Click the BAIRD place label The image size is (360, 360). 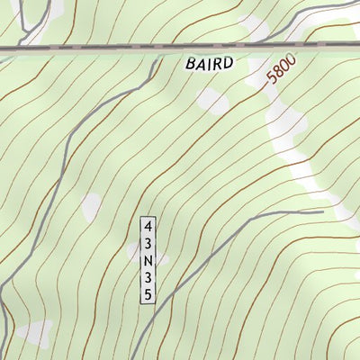[x=211, y=64]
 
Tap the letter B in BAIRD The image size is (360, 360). [x=192, y=64]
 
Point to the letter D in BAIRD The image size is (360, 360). [x=229, y=64]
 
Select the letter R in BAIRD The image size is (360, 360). [x=218, y=64]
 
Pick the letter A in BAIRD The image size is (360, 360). [x=202, y=64]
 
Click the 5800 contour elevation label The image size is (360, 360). [x=281, y=71]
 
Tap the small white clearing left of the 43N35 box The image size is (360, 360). [x=92, y=208]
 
